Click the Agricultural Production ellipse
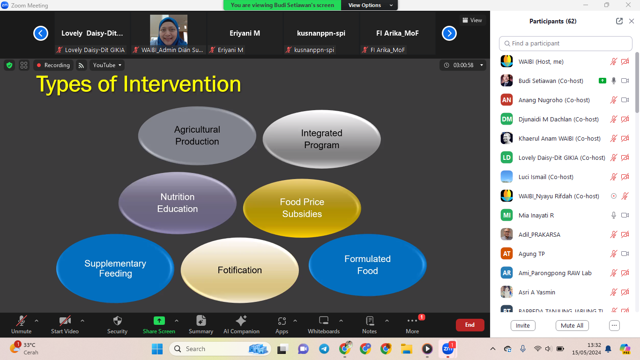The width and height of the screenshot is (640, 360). pos(197,135)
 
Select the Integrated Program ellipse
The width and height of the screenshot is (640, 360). pos(322,139)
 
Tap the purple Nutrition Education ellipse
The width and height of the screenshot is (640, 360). pos(178,202)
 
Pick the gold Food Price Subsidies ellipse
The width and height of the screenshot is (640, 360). pos(302,208)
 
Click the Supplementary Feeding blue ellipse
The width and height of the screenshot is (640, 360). pos(115,268)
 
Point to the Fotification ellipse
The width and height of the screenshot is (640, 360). pos(240,270)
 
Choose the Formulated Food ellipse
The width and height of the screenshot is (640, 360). pos(367,265)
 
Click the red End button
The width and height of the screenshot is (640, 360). pos(470,325)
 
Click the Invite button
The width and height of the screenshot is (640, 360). pos(522,325)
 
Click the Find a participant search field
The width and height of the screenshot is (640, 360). pos(566,44)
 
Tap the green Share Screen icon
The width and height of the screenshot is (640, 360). pos(159,321)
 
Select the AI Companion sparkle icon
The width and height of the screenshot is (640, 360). pos(241,321)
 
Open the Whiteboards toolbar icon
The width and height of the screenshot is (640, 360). pos(324,321)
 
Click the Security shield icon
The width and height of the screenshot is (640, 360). pos(118,321)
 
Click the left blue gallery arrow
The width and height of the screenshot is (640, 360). pos(41,33)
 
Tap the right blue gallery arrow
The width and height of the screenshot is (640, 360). pos(449,33)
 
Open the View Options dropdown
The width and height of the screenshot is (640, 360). pos(369,5)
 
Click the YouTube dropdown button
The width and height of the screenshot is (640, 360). pos(107,65)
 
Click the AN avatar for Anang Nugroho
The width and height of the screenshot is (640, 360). pos(506,100)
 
